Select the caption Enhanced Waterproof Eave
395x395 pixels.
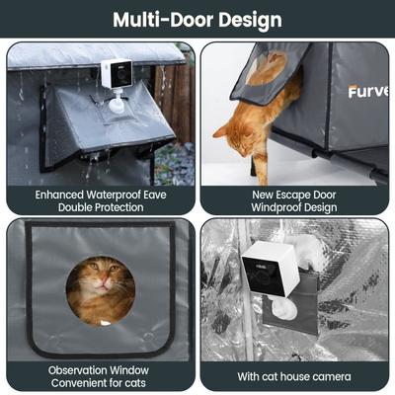click(101, 195)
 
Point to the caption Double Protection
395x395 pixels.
click(101, 207)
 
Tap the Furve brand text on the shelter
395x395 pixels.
click(366, 92)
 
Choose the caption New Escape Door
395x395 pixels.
click(296, 195)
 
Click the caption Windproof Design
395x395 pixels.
click(296, 207)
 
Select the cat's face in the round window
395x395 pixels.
click(101, 288)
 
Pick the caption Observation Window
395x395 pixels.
click(100, 370)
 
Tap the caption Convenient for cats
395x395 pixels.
click(100, 383)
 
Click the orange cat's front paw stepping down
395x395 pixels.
click(253, 174)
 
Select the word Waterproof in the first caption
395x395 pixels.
click(114, 195)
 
